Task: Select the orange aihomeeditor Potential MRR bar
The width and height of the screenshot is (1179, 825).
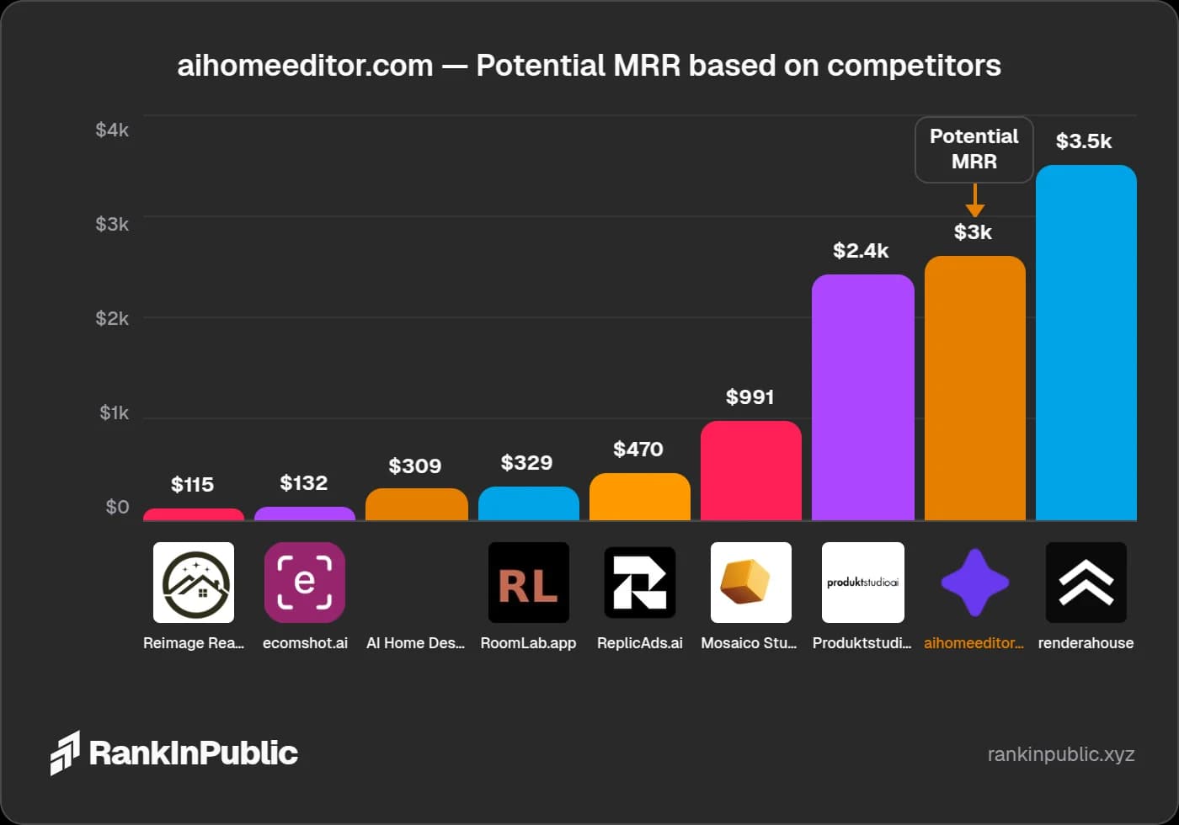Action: click(974, 388)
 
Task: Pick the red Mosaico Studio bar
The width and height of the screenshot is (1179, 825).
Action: click(750, 471)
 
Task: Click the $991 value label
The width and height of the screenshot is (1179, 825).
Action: click(750, 397)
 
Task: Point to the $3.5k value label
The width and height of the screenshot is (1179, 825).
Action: click(1084, 141)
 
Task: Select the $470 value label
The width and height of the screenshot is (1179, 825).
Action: click(638, 449)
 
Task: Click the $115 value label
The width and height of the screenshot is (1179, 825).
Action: click(192, 484)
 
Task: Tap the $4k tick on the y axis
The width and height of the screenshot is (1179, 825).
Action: click(112, 130)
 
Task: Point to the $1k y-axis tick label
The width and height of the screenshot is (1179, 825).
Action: click(114, 412)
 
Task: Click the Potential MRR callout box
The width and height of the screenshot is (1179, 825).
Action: click(974, 149)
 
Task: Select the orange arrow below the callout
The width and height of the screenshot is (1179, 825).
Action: click(974, 201)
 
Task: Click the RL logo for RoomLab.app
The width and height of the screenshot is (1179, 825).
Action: click(528, 583)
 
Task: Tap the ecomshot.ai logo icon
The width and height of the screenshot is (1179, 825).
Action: click(304, 583)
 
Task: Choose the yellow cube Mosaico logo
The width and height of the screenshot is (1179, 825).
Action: click(750, 583)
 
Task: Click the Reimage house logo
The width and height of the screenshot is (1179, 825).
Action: click(193, 583)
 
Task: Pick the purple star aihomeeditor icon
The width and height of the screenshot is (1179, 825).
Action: click(974, 583)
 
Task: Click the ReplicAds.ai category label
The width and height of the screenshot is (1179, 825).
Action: click(639, 643)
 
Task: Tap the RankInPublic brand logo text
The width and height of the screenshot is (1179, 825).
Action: click(193, 753)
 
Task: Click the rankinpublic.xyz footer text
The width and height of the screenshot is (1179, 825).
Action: click(1060, 753)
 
